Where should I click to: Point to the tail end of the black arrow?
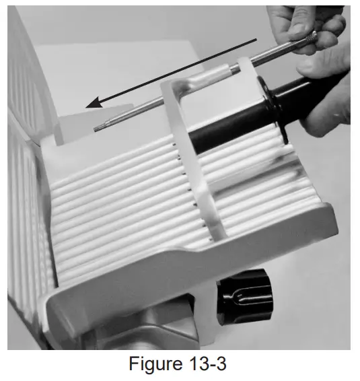tap(256, 40)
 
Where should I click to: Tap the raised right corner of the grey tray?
tap(323, 215)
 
